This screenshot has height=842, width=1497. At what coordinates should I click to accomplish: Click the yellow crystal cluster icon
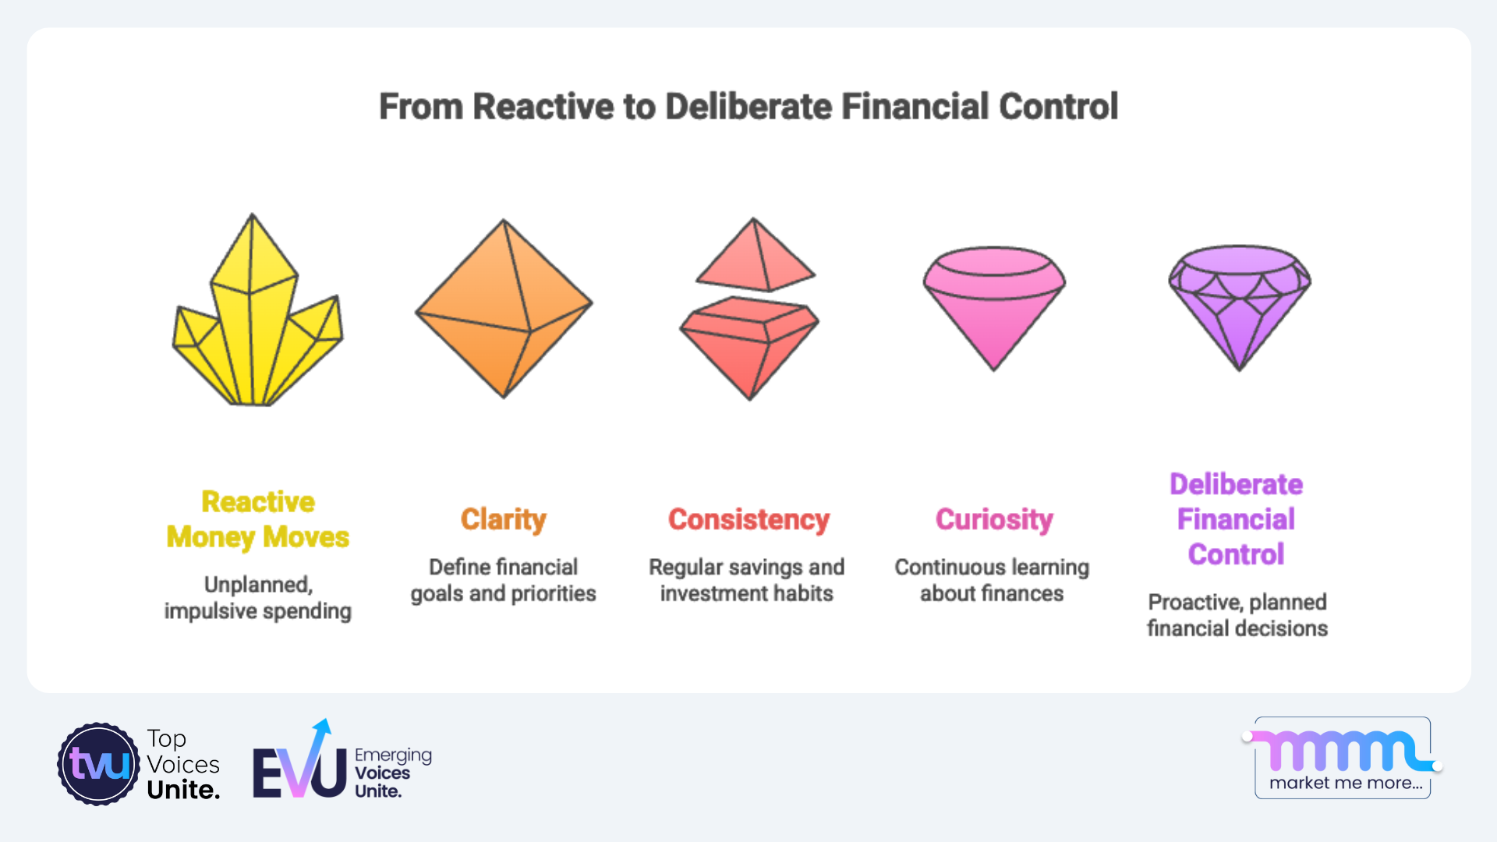(x=257, y=312)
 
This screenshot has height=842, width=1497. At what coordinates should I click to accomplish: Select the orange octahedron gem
(x=504, y=309)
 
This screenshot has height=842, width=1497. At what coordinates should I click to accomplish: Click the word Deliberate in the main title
(x=748, y=107)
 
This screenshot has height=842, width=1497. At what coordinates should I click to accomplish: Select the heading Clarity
(x=504, y=519)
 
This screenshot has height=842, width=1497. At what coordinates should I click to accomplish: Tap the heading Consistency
(x=748, y=519)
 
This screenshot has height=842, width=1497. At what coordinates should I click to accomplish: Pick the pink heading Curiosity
(x=994, y=519)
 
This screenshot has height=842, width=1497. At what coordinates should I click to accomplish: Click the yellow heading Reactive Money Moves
(x=258, y=519)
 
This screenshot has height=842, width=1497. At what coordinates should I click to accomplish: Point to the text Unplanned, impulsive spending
(x=258, y=598)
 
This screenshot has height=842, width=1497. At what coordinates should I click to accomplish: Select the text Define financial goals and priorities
(x=504, y=580)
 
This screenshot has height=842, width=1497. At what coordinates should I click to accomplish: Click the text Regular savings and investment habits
(x=747, y=580)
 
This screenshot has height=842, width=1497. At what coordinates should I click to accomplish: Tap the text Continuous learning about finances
(x=992, y=580)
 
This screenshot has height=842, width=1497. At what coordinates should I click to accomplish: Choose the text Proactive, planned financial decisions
(x=1237, y=615)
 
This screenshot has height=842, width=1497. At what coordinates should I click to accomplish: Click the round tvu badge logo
(x=99, y=764)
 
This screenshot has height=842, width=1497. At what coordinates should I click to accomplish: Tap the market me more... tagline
(x=1346, y=783)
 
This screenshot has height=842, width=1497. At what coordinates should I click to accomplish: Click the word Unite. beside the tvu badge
(x=183, y=790)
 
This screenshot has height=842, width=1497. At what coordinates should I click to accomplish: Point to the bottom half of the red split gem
(x=749, y=348)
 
